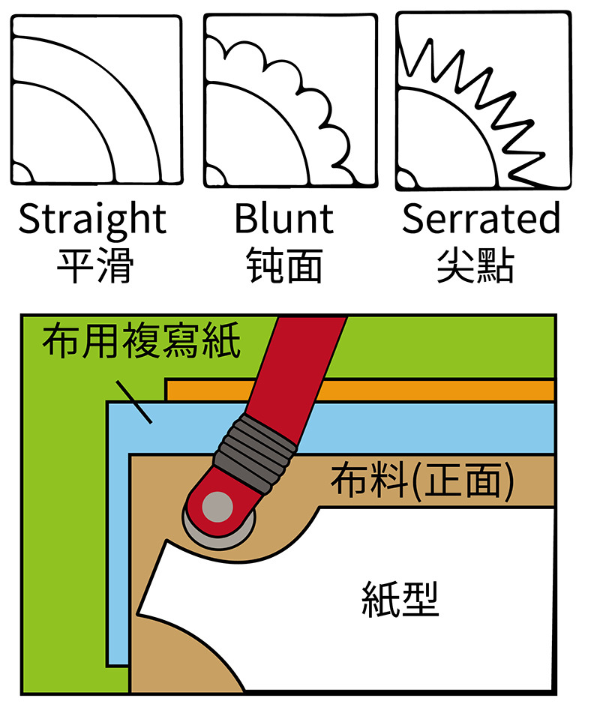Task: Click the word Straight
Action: click(91, 219)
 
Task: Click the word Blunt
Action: click(283, 219)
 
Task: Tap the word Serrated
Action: click(481, 219)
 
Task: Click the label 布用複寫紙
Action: click(141, 342)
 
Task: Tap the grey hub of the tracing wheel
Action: click(218, 508)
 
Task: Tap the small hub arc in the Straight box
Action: click(20, 174)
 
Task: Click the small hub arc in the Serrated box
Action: click(406, 180)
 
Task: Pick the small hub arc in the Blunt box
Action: click(214, 176)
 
